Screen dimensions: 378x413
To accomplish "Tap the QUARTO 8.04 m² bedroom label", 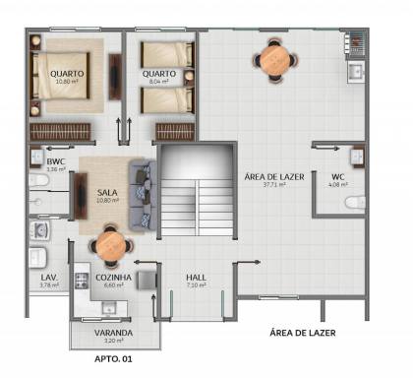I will click(x=158, y=75).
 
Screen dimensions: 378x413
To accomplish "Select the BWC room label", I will click(x=55, y=161).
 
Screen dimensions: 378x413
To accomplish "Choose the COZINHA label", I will click(x=113, y=278).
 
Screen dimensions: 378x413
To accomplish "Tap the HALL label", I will click(x=196, y=278).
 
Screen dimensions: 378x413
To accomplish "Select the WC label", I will click(x=338, y=177).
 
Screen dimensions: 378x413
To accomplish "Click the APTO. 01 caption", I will click(x=113, y=360).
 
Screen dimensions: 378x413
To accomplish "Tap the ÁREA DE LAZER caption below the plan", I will click(x=302, y=334).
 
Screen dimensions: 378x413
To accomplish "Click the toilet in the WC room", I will click(x=353, y=204).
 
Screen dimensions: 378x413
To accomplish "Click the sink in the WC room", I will click(x=357, y=154).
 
